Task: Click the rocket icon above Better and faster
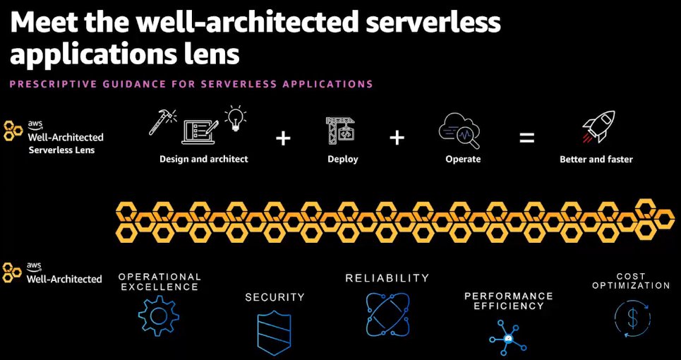598,127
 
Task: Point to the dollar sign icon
632,318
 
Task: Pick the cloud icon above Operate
461,129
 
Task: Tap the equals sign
526,138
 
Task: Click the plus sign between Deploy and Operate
397,138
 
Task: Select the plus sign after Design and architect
283,138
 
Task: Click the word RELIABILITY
387,278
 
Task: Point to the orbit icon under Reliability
387,314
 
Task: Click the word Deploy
343,160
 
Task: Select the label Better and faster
596,160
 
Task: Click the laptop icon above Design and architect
200,131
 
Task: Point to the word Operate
463,160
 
